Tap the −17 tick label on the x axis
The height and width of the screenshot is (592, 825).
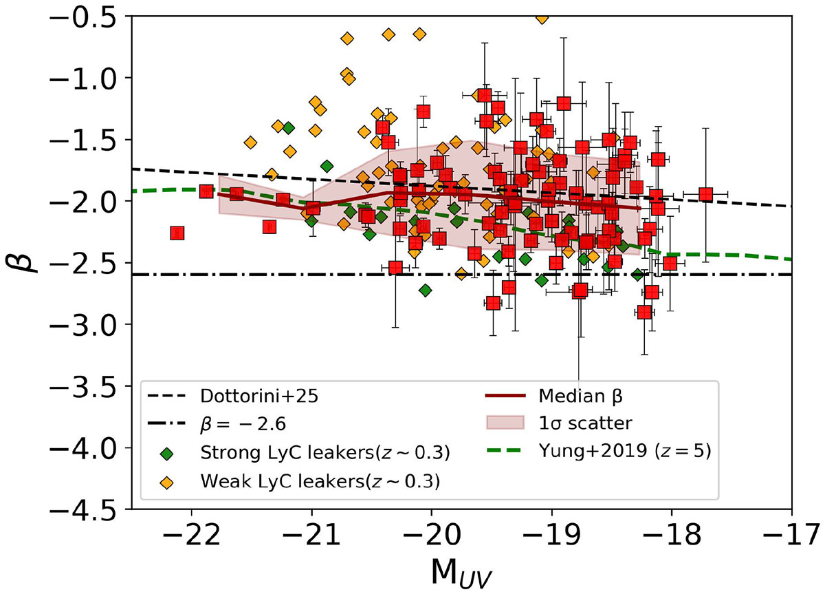coord(792,535)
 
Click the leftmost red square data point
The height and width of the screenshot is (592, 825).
coord(177,233)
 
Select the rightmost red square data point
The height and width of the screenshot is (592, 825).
coord(705,195)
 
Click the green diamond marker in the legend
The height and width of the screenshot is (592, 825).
coord(166,454)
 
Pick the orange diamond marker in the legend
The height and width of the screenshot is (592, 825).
coord(166,482)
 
